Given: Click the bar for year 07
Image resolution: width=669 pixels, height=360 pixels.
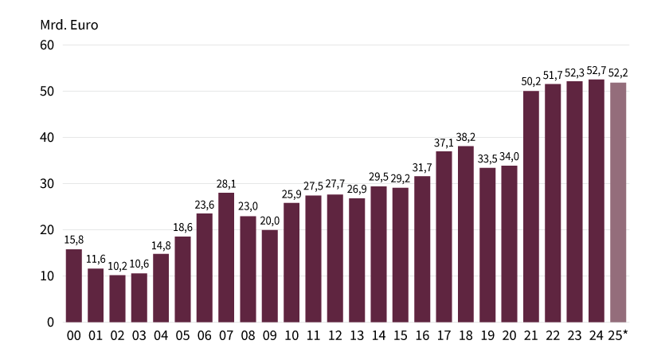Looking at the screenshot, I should coord(226,256).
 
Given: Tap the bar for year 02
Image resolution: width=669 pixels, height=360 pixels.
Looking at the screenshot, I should coord(118,298).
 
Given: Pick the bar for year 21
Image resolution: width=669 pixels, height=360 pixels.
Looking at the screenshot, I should coord(531,206).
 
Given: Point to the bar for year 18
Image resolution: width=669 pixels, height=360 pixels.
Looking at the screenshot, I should coord(466,233).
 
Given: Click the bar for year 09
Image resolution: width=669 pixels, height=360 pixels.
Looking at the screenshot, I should coord(270,276).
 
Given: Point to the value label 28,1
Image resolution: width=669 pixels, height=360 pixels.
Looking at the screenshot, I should coord(226,183).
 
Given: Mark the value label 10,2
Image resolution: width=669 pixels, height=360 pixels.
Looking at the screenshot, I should coord(118,266).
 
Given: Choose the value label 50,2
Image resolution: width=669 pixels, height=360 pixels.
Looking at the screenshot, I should coord(531,81).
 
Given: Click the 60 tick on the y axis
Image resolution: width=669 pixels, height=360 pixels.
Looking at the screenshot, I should coord(47,45).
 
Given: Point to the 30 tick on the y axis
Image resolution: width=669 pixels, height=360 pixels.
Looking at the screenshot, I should coord(47,183).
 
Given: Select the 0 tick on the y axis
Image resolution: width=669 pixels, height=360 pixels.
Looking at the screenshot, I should coord(50,322).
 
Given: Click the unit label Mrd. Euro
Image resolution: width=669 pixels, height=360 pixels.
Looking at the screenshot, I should coord(68,23).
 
